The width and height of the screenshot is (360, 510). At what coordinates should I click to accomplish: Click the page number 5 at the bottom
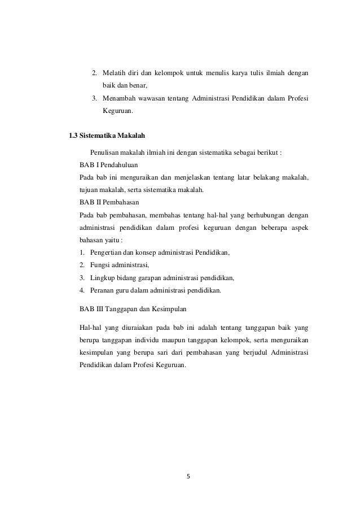pos(188,476)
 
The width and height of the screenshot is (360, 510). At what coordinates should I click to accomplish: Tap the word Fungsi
pos(100,265)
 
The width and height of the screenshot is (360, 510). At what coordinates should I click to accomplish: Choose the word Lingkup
pos(102,278)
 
